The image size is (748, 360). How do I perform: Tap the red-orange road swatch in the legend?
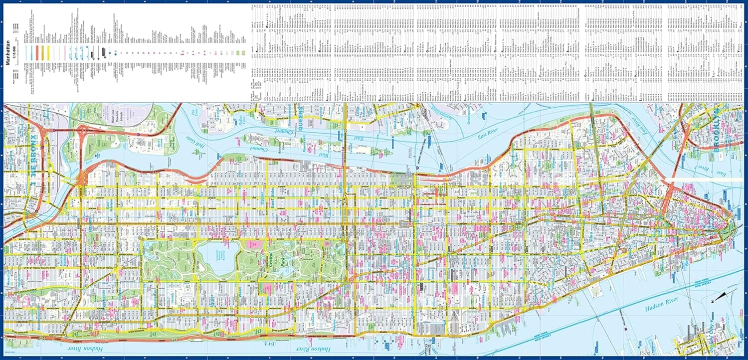(36, 53)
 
